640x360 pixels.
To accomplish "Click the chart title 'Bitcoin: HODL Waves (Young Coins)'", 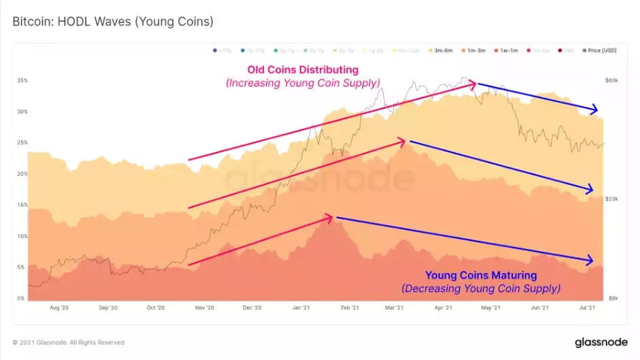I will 113,22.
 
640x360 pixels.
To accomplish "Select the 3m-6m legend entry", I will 448,50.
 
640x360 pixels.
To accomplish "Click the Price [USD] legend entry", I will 601,50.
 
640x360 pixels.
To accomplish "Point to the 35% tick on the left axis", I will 22,80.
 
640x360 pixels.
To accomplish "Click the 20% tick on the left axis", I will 22,174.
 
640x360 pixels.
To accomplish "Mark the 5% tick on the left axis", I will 22,267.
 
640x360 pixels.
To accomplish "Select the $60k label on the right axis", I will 611,80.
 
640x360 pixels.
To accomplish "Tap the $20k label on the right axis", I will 611,199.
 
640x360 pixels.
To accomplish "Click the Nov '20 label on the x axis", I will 205,308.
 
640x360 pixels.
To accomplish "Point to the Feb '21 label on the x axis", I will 350,308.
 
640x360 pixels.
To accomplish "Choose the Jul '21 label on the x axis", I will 586,308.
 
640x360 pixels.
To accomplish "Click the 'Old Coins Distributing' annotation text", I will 303,70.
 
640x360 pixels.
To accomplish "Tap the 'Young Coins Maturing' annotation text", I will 481,276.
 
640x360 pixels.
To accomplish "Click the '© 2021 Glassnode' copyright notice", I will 69,342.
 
